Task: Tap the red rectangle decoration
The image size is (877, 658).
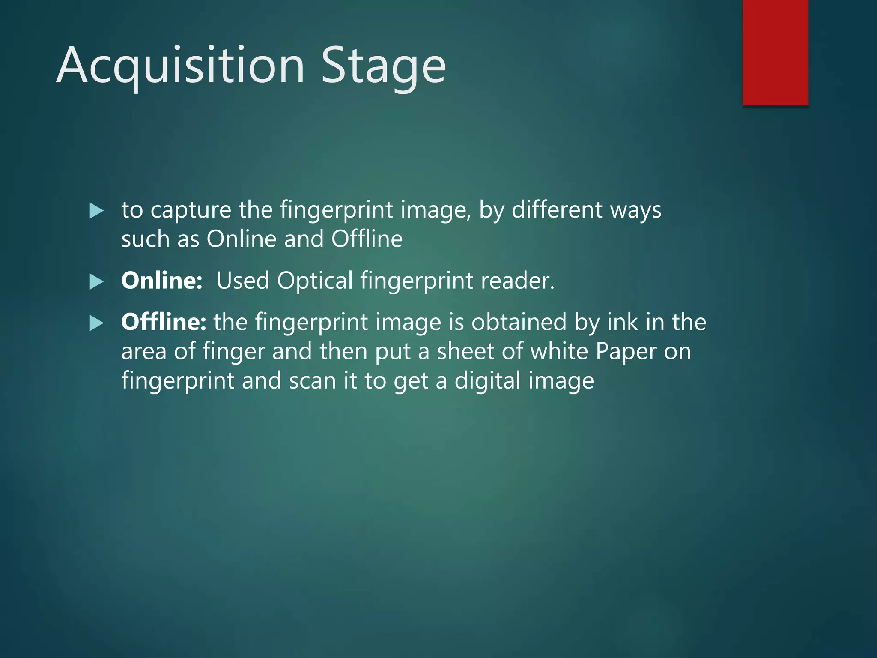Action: tap(775, 52)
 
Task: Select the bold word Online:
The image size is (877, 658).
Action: tap(162, 281)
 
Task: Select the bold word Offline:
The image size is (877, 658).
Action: tap(164, 322)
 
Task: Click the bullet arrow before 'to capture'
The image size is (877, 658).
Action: tap(97, 211)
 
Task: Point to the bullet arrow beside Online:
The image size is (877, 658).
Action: tap(97, 282)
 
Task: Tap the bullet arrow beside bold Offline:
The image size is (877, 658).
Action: tap(97, 323)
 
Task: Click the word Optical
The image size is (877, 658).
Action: tap(315, 281)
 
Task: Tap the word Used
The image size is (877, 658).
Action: tap(242, 281)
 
